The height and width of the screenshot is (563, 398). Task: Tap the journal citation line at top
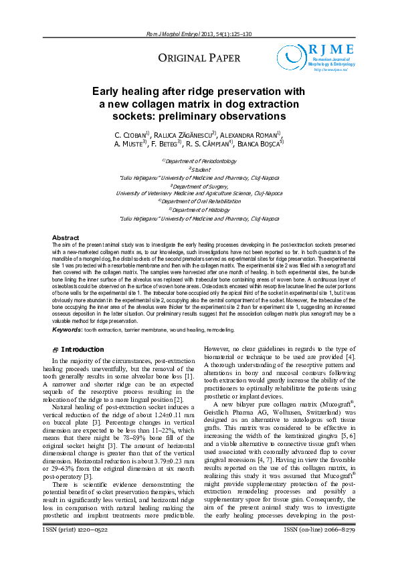click(x=199, y=34)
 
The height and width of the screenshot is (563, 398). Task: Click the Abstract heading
click(x=66, y=238)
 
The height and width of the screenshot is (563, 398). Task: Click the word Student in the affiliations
click(x=200, y=170)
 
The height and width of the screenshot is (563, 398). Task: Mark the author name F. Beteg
click(x=166, y=143)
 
